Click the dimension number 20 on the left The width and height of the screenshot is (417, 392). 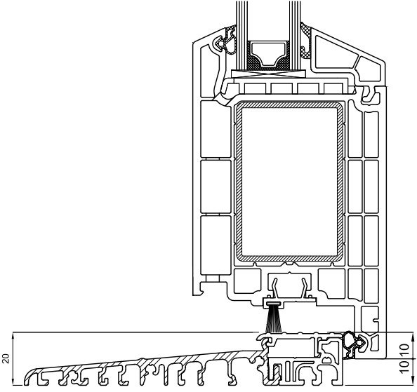pos(6,358)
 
